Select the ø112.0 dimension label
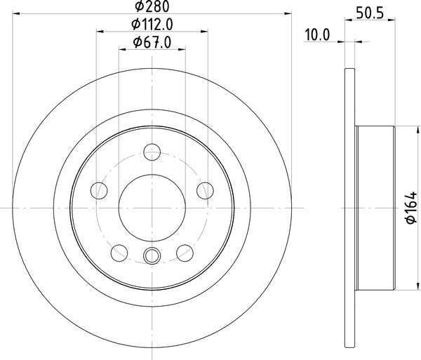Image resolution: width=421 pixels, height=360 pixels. click(x=152, y=25)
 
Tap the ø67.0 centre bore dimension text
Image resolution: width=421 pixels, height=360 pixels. click(x=152, y=44)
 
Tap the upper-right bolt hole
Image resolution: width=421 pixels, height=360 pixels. click(x=205, y=189)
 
